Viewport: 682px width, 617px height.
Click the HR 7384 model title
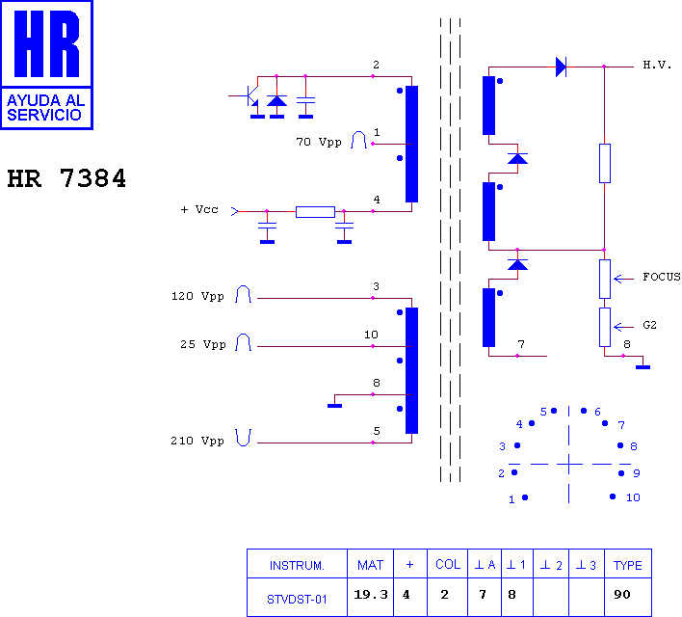point(66,178)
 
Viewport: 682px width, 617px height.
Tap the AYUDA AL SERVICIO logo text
point(45,108)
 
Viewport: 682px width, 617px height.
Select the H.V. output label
point(657,66)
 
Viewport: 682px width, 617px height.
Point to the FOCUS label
point(662,277)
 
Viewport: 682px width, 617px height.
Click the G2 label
point(649,325)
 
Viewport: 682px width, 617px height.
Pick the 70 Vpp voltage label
point(319,142)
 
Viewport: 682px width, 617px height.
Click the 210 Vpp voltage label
point(197,441)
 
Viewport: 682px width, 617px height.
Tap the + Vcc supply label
point(199,209)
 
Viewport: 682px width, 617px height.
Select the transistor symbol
point(247,96)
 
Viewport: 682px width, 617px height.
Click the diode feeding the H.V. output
point(561,67)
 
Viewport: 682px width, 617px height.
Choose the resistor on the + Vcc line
point(315,212)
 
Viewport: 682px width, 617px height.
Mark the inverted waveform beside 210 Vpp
point(244,437)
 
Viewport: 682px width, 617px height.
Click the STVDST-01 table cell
point(297,600)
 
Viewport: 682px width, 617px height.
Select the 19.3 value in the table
point(370,595)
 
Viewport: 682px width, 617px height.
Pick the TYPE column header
point(628,565)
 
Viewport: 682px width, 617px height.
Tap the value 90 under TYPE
point(622,595)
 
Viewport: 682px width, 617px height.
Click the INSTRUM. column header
point(297,566)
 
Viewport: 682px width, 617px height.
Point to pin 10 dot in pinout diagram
point(613,496)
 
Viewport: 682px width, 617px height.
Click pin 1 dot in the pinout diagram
point(525,497)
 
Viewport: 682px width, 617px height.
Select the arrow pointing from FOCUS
point(623,279)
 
